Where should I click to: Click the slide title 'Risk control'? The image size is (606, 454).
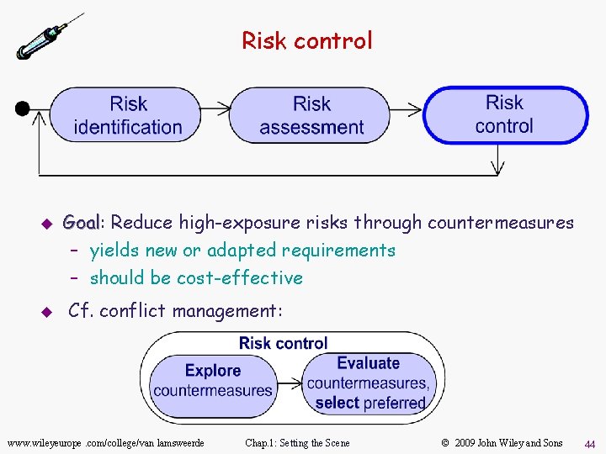coord(306,40)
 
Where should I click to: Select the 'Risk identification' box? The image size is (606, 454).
coord(128,115)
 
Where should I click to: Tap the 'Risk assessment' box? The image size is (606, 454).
coord(311,115)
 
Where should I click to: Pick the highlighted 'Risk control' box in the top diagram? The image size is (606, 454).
coord(504,114)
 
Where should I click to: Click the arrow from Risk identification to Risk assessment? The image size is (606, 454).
coord(216,108)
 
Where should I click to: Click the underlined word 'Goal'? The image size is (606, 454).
coord(82,223)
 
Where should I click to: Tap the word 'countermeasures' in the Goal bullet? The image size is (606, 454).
coord(501,223)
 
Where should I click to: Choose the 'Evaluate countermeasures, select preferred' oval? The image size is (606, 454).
coord(369,383)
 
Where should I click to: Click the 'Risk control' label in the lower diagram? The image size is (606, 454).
coord(283,343)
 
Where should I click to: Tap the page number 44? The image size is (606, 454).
coord(589,442)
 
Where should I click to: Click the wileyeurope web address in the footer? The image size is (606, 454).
coord(105,442)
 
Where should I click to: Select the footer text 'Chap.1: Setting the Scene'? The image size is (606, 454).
coord(297,442)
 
